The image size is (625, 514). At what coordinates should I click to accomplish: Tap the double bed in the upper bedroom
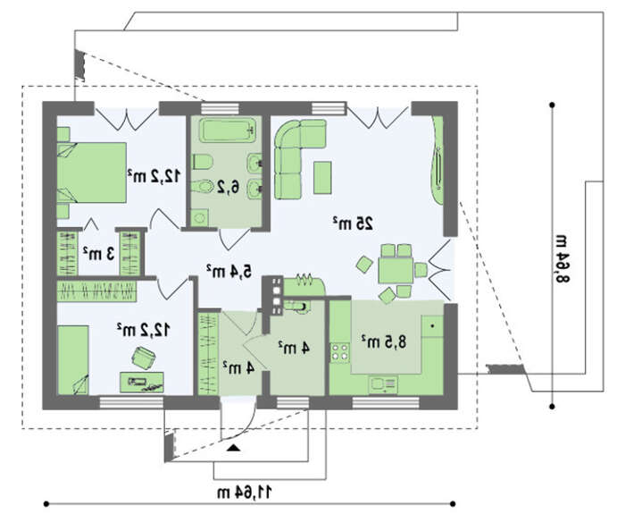pos(92,173)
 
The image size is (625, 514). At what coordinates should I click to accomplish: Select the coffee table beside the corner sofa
pos(322,178)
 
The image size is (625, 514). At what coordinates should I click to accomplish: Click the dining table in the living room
pos(396,271)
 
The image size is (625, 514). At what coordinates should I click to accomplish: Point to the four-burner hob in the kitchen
pos(339,353)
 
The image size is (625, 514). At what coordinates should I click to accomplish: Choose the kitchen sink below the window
pos(383,384)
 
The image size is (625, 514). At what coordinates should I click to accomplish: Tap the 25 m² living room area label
pos(354,223)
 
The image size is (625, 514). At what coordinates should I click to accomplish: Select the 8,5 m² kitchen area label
pos(383,341)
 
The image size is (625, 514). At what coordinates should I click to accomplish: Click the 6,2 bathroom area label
pos(228,187)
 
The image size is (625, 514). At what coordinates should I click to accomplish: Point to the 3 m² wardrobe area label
pos(99,253)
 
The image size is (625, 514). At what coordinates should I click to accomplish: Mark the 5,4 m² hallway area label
pos(229,271)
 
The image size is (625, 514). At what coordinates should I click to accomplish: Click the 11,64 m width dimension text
pos(245,492)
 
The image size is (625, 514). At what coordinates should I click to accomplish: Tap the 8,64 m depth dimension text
pos(562,257)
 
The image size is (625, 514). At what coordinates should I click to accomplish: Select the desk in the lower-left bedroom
pos(141,382)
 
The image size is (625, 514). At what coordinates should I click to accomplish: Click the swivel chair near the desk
pos(143,358)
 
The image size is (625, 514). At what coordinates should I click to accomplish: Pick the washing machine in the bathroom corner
pos(199,218)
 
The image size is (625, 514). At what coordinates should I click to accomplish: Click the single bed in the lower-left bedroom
pos(73,360)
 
